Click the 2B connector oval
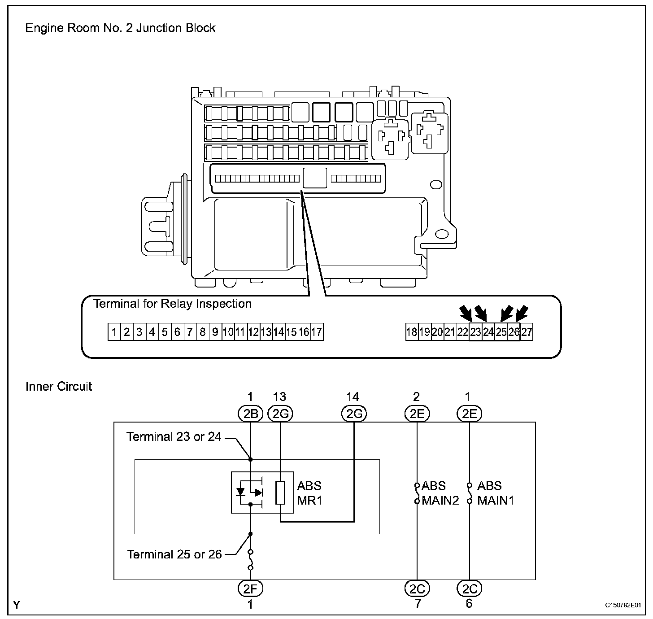(x=250, y=414)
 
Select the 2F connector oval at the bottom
(x=250, y=588)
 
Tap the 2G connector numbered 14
(x=354, y=414)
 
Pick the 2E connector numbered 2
(x=417, y=414)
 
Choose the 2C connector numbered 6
(x=469, y=588)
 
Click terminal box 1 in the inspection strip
(x=114, y=332)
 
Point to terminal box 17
(x=317, y=332)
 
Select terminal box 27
(x=527, y=332)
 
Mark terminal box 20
(x=437, y=332)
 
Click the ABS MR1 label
(x=309, y=493)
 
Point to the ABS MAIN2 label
(x=440, y=493)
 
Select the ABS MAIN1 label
(x=495, y=493)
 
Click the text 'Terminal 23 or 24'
(x=174, y=437)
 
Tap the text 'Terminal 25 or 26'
(x=174, y=554)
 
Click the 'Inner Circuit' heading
(x=59, y=387)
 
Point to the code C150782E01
(x=623, y=606)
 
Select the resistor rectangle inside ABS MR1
(x=280, y=493)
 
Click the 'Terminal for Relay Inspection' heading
(x=172, y=304)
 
